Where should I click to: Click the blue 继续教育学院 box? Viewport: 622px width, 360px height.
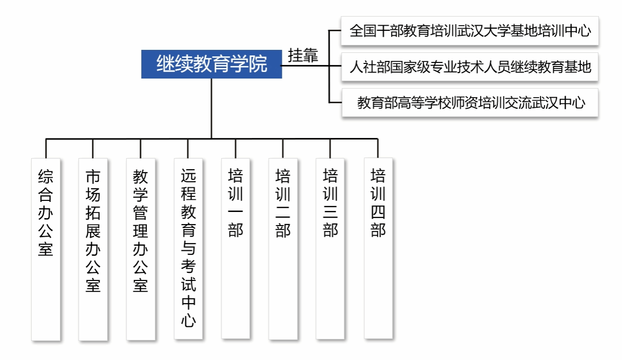(211, 64)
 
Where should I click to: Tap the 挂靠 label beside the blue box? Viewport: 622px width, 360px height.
(303, 55)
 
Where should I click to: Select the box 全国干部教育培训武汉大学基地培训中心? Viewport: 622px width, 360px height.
(470, 31)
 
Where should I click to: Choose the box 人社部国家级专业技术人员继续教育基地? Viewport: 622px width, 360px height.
(470, 67)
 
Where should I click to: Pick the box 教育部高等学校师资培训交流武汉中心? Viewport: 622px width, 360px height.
(470, 103)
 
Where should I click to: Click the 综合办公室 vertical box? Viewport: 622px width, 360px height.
(46, 249)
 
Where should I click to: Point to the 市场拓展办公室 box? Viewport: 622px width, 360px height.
(93, 249)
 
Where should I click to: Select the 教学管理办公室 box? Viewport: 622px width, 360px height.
(141, 249)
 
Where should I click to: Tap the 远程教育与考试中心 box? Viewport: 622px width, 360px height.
(188, 249)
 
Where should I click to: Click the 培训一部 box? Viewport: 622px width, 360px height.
(236, 248)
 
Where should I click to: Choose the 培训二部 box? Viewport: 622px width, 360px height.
(283, 249)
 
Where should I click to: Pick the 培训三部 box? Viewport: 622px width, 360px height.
(330, 249)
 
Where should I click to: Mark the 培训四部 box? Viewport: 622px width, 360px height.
(378, 248)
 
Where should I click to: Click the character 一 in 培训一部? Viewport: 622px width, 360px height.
(236, 211)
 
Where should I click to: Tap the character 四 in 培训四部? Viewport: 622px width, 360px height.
(378, 212)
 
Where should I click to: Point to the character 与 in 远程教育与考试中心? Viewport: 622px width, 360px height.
(188, 248)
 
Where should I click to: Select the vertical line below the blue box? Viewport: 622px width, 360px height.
(211, 109)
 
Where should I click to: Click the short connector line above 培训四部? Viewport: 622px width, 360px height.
(377, 149)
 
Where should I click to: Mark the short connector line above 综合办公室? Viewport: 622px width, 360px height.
(46, 149)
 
